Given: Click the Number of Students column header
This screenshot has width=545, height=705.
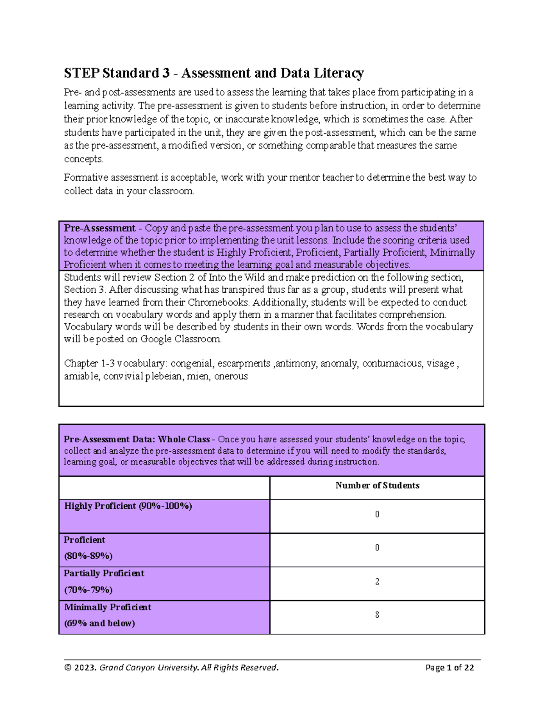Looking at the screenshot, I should point(377,485).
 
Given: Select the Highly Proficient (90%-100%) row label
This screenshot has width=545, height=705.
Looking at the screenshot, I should point(128,506).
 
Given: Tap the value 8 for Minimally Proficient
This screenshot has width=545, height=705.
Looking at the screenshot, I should point(377,615).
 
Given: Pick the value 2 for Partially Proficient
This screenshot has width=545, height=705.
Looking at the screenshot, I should point(377,581).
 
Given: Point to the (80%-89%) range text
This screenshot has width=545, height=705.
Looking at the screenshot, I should point(88,556).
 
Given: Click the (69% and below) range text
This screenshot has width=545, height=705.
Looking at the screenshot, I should point(99,623).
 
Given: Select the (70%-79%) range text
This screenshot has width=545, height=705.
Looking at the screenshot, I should point(88,590).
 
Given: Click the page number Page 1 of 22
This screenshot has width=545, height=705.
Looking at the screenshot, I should point(449,667).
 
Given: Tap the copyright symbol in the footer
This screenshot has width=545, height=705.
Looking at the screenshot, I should point(68,667).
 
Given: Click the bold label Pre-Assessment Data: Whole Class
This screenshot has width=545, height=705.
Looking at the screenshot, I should point(136,439).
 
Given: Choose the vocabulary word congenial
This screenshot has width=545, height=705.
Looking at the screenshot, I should point(191,363).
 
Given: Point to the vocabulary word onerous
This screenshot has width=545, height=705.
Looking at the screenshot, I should point(231,376).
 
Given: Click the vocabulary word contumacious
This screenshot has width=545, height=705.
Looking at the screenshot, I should point(391,363).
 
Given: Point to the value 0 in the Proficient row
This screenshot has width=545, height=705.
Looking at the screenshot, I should point(377,547).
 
